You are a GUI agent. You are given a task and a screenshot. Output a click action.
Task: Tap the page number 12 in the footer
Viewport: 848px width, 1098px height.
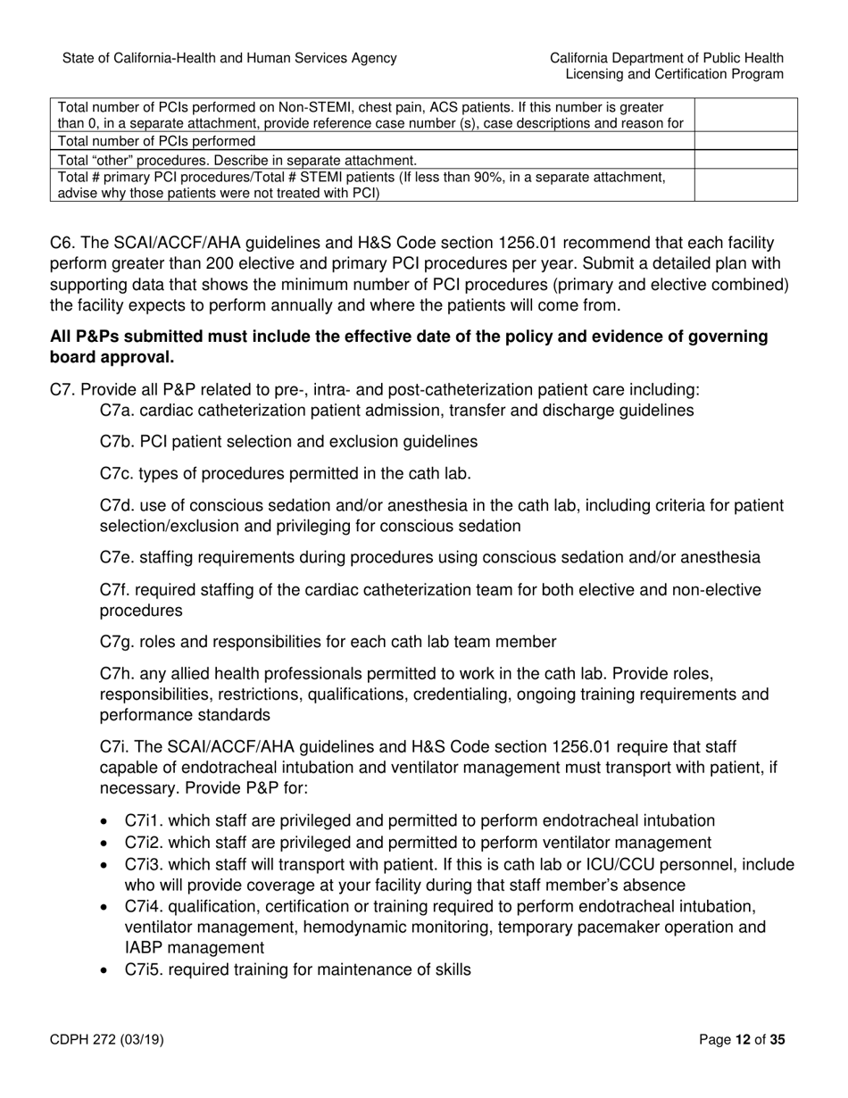point(744,1039)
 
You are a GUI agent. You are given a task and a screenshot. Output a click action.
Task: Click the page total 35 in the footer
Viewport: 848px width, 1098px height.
point(777,1039)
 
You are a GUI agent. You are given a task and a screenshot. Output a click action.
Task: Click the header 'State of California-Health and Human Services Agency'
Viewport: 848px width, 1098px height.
point(229,58)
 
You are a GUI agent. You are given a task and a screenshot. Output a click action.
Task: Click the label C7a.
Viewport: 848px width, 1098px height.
point(118,411)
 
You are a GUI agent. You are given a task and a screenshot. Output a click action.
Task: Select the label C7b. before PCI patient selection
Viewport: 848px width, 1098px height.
point(118,442)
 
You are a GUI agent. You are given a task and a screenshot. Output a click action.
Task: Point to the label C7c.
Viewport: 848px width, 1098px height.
point(118,473)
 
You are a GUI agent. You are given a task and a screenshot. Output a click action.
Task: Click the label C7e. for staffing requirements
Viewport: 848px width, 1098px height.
point(118,558)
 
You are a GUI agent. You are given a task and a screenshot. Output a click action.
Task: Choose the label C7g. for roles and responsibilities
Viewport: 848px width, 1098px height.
point(118,642)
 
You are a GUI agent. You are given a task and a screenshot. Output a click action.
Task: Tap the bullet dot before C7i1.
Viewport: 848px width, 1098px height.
point(107,821)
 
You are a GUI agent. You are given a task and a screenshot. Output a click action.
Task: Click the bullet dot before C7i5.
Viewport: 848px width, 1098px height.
point(107,969)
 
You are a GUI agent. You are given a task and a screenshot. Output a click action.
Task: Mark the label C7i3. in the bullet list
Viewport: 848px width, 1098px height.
point(144,864)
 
